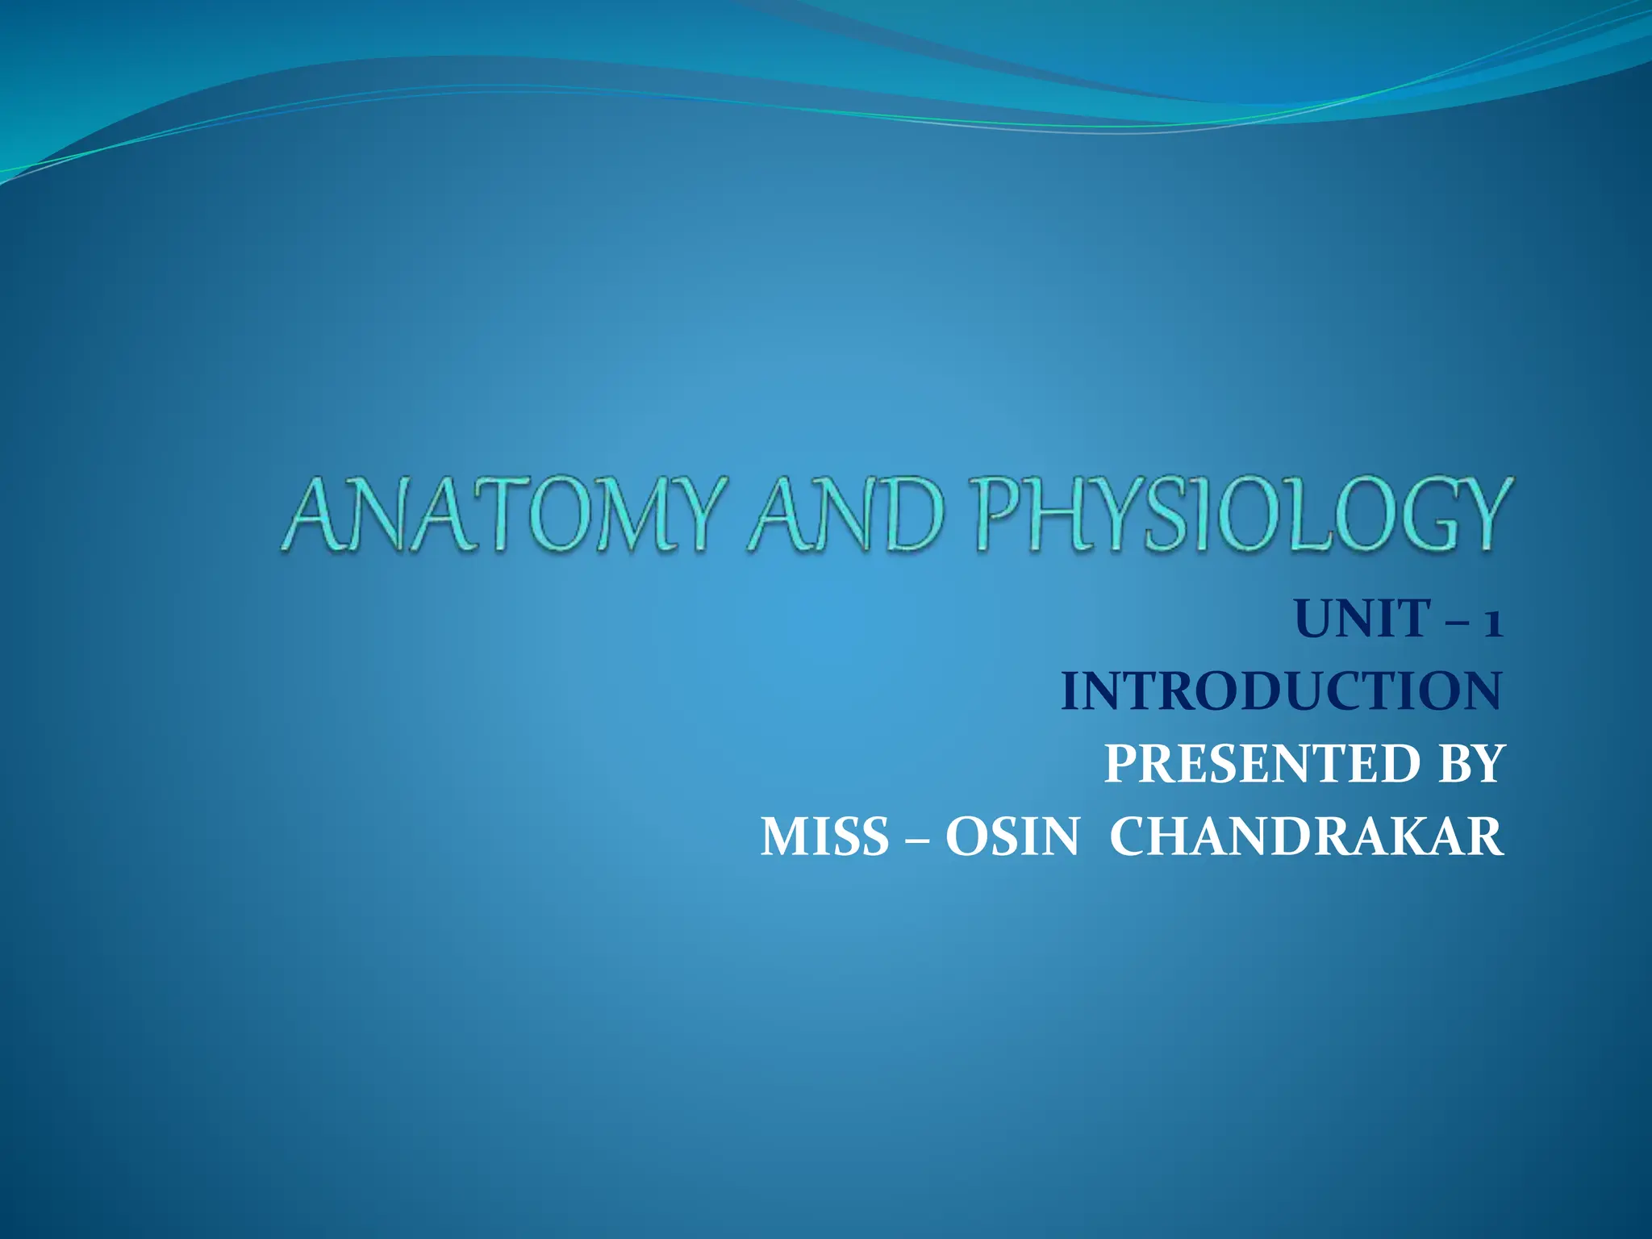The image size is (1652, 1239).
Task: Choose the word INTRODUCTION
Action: pos(1281,692)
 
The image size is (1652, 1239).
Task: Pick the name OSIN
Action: pos(1012,836)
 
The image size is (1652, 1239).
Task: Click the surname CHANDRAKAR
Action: pos(1307,836)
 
